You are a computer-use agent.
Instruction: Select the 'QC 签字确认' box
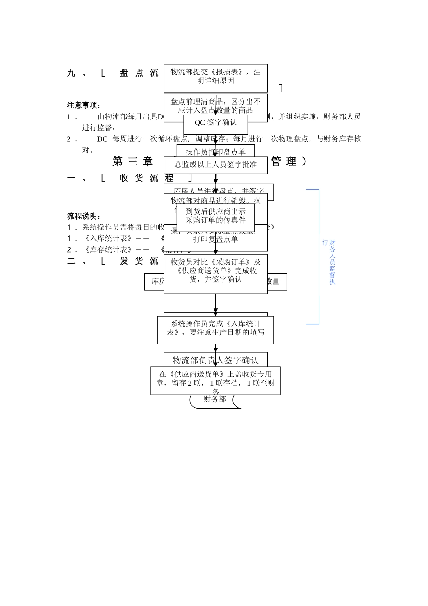pos(215,123)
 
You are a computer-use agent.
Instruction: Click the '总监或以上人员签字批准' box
pos(215,165)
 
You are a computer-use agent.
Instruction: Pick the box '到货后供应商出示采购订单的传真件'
pos(215,216)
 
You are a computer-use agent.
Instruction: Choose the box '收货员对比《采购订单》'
pos(215,271)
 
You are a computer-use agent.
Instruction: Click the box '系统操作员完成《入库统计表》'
pos(215,329)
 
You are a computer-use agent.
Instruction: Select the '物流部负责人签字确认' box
pos(215,360)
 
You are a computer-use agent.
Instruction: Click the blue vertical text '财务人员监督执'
pos(332,262)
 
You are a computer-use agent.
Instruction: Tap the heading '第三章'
pos(132,161)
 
